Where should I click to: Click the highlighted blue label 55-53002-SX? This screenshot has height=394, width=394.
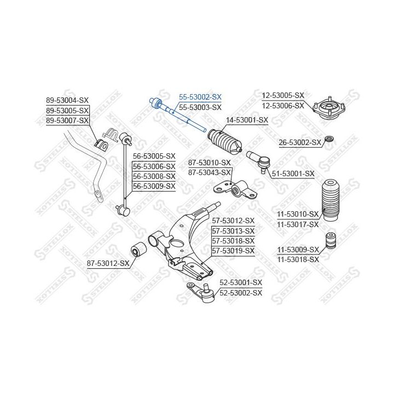pyautogui.click(x=200, y=97)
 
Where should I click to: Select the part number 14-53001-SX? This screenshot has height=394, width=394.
pyautogui.click(x=247, y=120)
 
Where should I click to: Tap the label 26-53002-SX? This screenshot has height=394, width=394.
pyautogui.click(x=300, y=143)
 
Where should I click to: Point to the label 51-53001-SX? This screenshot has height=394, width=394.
pyautogui.click(x=293, y=173)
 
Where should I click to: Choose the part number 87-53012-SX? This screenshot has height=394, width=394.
pyautogui.click(x=108, y=263)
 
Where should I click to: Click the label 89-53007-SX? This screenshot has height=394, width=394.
pyautogui.click(x=67, y=120)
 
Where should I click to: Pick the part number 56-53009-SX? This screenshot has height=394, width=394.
pyautogui.click(x=154, y=186)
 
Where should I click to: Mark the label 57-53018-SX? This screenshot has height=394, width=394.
pyautogui.click(x=233, y=241)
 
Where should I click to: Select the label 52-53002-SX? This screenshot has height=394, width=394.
pyautogui.click(x=241, y=293)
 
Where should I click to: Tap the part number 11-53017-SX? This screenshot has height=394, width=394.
pyautogui.click(x=298, y=224)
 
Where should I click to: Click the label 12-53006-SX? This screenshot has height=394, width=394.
pyautogui.click(x=283, y=106)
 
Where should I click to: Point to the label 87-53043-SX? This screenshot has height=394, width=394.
pyautogui.click(x=209, y=172)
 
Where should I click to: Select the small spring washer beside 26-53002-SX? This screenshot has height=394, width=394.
pyautogui.click(x=329, y=138)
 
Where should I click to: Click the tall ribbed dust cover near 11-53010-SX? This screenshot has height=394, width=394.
pyautogui.click(x=331, y=200)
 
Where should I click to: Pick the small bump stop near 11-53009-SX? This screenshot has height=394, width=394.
pyautogui.click(x=331, y=240)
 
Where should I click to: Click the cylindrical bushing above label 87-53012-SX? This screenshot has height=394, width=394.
pyautogui.click(x=138, y=250)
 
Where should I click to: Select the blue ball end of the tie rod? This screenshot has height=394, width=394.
pyautogui.click(x=155, y=103)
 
